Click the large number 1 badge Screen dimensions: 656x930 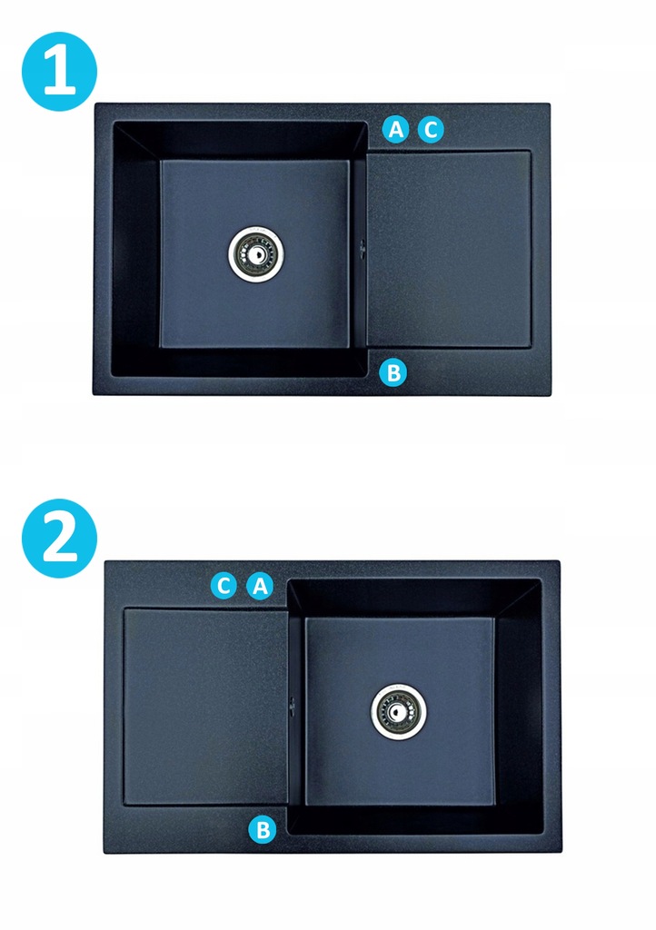coord(59,71)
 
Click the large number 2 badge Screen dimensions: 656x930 coord(59,538)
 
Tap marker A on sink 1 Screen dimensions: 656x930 coord(395,129)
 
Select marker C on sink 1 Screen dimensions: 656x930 coord(431,129)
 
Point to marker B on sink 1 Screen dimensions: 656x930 coord(393,373)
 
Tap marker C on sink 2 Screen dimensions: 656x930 coord(224,586)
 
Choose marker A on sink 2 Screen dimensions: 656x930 coord(260,586)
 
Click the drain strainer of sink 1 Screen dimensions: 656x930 coord(255,254)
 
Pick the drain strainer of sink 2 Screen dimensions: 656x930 coord(398,711)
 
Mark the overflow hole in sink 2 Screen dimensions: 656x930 coord(292,705)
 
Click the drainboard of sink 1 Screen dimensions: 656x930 coord(449,249)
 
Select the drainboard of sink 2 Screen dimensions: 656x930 coord(206,707)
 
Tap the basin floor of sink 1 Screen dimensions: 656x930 coord(254,254)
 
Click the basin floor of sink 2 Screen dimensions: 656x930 coord(400,711)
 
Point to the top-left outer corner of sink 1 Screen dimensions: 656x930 coord(94,104)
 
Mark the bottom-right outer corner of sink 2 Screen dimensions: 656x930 coord(562,852)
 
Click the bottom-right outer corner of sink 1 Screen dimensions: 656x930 coord(551,395)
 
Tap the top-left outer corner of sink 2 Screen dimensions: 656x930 coord(105,561)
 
